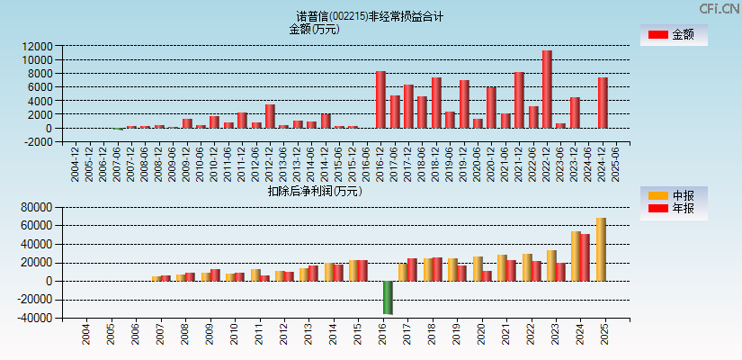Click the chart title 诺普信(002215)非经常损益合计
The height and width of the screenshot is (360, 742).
370,16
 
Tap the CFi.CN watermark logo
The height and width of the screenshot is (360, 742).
720,8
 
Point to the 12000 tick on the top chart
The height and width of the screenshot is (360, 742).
38,46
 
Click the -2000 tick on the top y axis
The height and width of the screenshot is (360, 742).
38,141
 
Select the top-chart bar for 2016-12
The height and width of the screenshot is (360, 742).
380,99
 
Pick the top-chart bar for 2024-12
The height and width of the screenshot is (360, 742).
603,103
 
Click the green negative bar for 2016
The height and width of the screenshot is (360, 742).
388,297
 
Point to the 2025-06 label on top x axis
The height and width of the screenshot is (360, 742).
616,165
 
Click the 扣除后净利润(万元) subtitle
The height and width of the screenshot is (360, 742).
314,191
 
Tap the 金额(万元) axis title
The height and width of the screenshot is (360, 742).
314,29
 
